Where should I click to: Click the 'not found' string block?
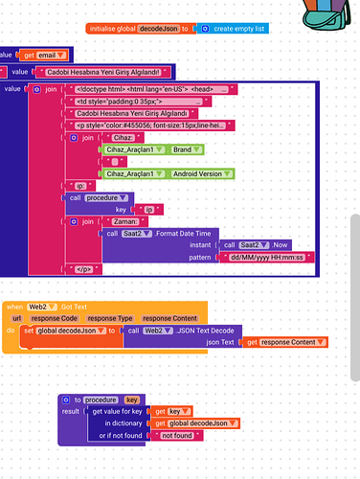pyautogui.click(x=177, y=435)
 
